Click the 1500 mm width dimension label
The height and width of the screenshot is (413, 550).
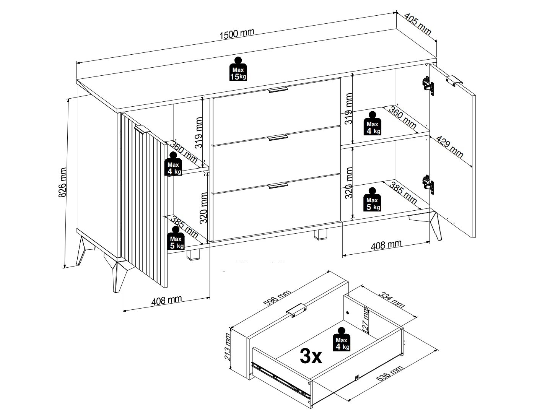tap(237, 34)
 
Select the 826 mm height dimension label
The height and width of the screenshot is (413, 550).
tap(62, 182)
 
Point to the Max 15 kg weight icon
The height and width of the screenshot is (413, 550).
tap(238, 69)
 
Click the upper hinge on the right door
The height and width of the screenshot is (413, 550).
tap(428, 86)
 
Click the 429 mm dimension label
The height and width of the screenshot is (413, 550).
tap(450, 147)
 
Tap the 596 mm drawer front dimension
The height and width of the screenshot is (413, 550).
tap(277, 298)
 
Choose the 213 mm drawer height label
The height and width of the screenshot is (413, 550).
tap(228, 346)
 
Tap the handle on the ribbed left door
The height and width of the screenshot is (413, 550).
tap(142, 130)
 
